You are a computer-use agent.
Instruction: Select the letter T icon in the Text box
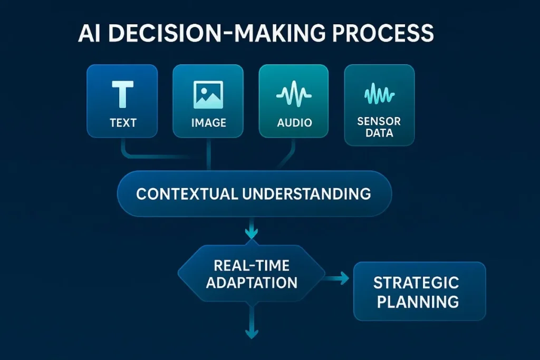[123, 94]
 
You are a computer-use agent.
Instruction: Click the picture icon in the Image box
[208, 95]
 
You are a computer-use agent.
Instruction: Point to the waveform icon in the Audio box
[294, 95]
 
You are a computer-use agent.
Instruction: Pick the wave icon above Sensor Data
[379, 95]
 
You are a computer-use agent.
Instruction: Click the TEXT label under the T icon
[123, 123]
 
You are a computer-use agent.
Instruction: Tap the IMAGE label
[208, 123]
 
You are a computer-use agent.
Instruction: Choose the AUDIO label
[294, 123]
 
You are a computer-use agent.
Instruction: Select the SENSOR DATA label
[379, 127]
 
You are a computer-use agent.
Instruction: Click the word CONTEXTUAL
[186, 193]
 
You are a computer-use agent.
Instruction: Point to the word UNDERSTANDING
[307, 193]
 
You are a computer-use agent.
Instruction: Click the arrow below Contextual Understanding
[252, 230]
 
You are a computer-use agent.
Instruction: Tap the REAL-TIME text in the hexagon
[252, 265]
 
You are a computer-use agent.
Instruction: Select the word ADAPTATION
[252, 283]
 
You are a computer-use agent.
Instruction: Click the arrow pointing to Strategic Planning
[337, 278]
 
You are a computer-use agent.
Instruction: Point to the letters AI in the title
[90, 33]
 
